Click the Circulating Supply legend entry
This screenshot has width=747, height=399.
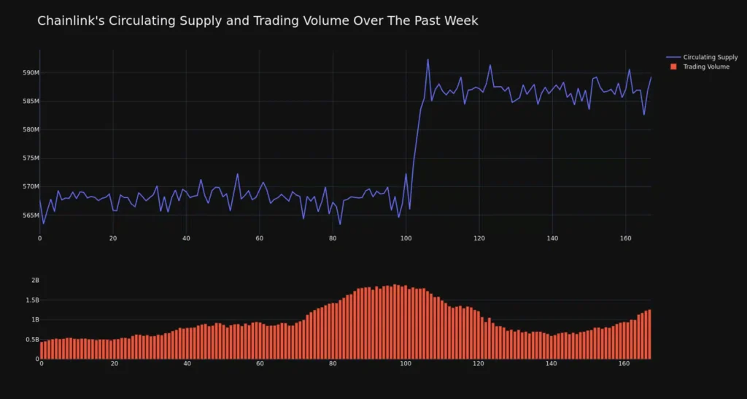[x=711, y=57]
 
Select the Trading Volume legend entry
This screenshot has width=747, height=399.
[x=706, y=66]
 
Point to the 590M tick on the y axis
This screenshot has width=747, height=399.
[x=30, y=73]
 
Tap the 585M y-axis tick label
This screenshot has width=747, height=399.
[x=30, y=102]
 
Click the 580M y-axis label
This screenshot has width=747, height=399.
[x=30, y=130]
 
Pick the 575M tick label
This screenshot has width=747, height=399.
[x=30, y=159]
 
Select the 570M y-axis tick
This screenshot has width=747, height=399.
[x=30, y=187]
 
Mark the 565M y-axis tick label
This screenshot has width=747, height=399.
[x=30, y=216]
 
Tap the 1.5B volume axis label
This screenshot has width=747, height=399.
[x=31, y=300]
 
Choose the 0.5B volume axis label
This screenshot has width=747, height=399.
[x=31, y=340]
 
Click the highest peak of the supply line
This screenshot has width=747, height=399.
[x=427, y=60]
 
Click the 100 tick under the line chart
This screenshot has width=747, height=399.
[x=406, y=239]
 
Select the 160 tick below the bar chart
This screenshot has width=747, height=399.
[x=624, y=363]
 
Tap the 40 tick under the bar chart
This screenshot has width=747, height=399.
[x=187, y=363]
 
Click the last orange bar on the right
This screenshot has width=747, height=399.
[x=649, y=334]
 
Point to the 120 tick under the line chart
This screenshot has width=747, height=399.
[x=479, y=239]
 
